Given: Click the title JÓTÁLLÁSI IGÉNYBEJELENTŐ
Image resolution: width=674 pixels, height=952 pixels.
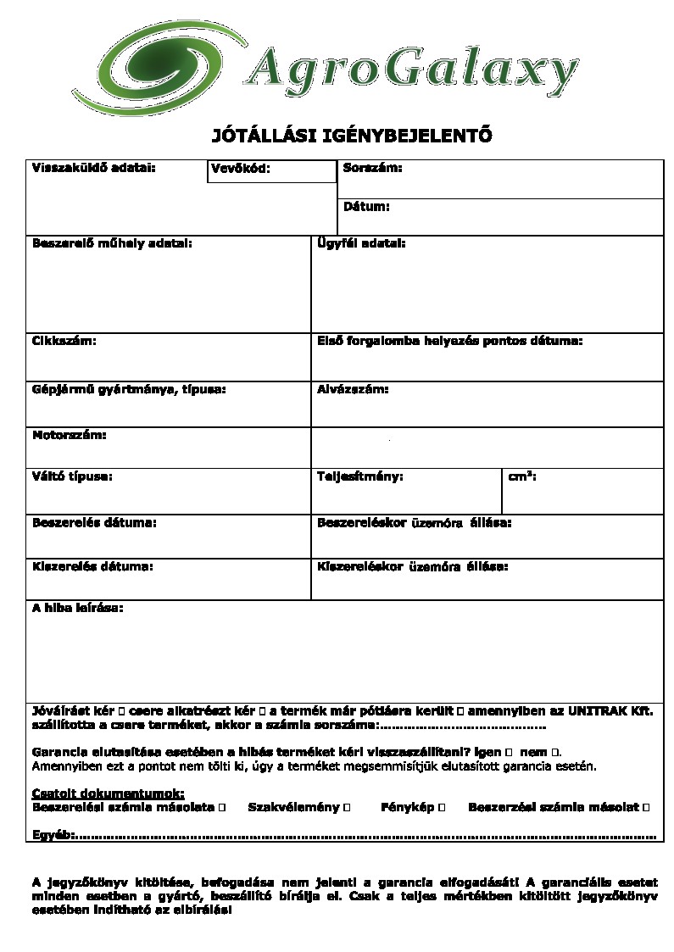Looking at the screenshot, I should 351,136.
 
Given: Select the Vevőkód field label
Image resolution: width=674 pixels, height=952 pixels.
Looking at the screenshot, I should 241,169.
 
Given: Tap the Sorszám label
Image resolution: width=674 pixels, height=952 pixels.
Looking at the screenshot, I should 372,168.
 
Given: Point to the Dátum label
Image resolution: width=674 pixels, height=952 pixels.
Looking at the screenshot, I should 366,206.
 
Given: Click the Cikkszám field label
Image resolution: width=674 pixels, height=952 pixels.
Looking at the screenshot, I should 64,341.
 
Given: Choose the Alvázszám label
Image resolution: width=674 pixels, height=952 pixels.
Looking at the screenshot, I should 353,389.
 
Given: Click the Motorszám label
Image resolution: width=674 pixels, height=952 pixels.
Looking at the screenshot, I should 70,435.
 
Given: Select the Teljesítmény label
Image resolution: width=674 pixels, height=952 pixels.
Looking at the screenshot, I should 359,476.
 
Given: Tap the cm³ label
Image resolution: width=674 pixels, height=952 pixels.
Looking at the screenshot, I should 521,476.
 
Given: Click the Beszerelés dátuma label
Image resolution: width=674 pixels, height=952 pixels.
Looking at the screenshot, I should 94,522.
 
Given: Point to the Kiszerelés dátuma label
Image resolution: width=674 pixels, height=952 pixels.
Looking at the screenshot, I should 92,565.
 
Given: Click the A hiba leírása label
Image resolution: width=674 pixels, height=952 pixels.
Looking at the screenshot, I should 77,608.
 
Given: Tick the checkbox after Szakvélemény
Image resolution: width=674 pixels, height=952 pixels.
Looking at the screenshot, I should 348,807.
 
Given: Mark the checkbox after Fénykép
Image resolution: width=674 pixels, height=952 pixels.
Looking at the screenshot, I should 442,807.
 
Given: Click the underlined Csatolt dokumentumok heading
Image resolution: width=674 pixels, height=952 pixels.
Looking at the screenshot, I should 108,793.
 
